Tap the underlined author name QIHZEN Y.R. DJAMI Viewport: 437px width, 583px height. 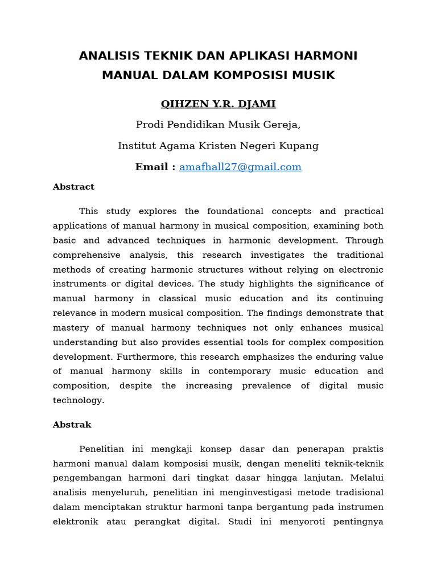(218, 104)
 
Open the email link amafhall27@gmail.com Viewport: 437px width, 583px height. (240, 167)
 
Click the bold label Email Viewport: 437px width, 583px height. (151, 167)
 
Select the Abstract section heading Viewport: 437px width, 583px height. (73, 187)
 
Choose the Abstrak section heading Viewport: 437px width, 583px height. (72, 425)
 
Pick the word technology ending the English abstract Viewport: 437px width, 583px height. (79, 400)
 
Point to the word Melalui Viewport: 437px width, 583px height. (367, 477)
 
